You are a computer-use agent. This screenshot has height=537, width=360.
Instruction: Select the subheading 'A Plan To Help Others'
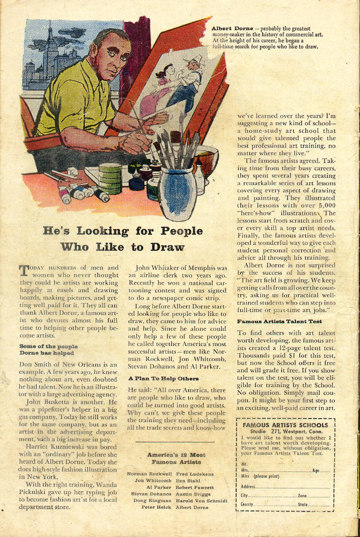pyautogui.click(x=163, y=379)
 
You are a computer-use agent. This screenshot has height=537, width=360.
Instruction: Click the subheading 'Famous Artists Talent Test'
pyautogui.click(x=279, y=321)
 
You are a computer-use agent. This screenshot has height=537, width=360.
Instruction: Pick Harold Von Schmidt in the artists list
pyautogui.click(x=201, y=501)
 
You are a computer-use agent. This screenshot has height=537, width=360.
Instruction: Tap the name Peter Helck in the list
pyautogui.click(x=156, y=507)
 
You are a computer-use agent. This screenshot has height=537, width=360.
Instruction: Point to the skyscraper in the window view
pyautogui.click(x=53, y=51)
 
